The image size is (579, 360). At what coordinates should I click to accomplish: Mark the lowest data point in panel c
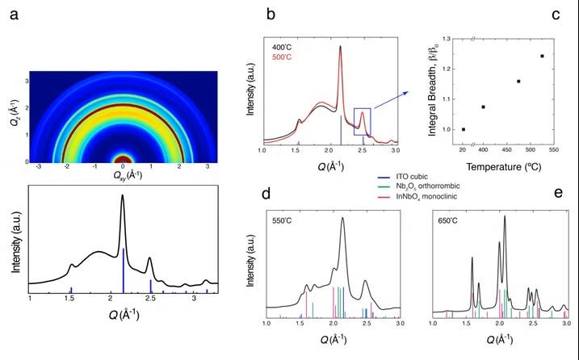coord(464,129)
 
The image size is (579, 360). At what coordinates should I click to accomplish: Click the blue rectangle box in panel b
coord(362,119)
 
